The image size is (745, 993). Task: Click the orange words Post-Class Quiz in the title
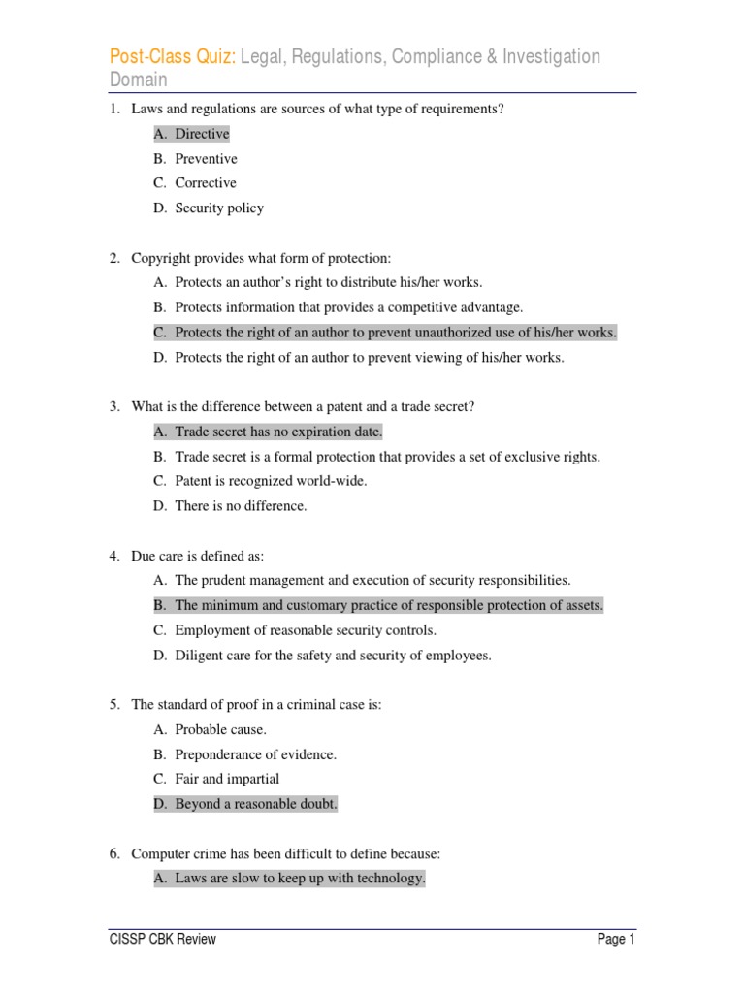(x=169, y=56)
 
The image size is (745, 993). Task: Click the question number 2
(x=113, y=258)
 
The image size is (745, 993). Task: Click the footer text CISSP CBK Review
(x=162, y=939)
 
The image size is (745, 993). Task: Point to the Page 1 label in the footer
(x=616, y=939)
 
